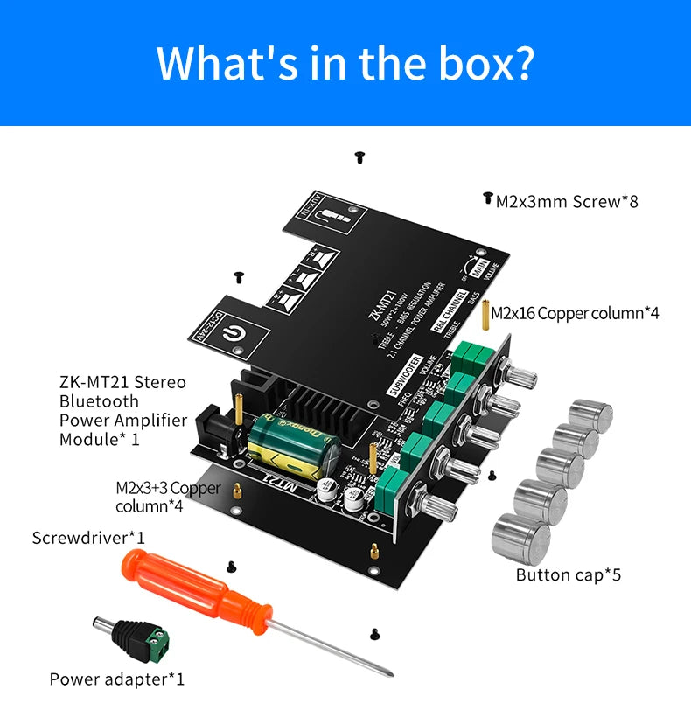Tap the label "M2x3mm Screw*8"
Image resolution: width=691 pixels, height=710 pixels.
click(567, 202)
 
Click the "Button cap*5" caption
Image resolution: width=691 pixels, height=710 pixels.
click(568, 574)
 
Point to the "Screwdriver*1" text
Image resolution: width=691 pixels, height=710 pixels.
click(88, 537)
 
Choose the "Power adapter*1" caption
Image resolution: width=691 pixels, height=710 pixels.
click(117, 679)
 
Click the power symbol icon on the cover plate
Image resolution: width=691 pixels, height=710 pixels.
click(234, 333)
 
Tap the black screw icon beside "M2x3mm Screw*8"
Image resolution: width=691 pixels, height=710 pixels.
click(487, 198)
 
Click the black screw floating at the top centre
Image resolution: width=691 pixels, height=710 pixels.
click(359, 157)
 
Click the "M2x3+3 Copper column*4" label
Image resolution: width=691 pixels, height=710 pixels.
click(168, 497)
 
